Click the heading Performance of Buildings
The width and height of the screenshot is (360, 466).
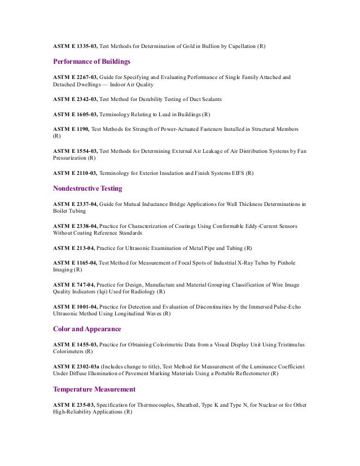pos(91,61)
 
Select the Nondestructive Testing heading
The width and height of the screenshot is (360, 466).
pos(87,188)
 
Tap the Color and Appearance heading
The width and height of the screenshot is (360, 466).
pos(87,328)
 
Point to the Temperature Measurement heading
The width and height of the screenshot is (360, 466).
pos(94,389)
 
